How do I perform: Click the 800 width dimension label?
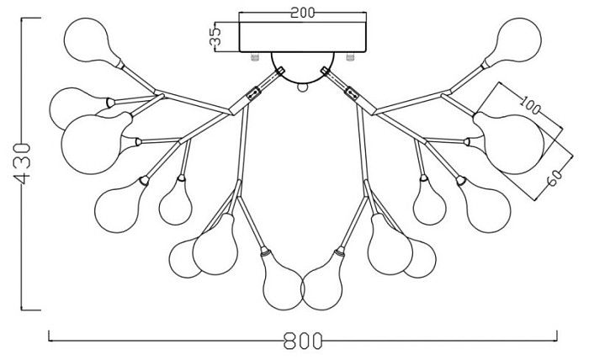pos(303,341)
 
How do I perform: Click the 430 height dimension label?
pos(22,164)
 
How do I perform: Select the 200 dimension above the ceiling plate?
pos(303,13)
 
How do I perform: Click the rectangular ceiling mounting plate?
pos(303,37)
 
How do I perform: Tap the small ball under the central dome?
pos(302,87)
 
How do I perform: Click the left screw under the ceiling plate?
pos(255,57)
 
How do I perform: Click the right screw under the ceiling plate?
pos(351,57)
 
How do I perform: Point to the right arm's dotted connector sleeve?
pos(353,93)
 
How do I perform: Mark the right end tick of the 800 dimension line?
pos(557,336)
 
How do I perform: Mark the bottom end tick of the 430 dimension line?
pos(31,310)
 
